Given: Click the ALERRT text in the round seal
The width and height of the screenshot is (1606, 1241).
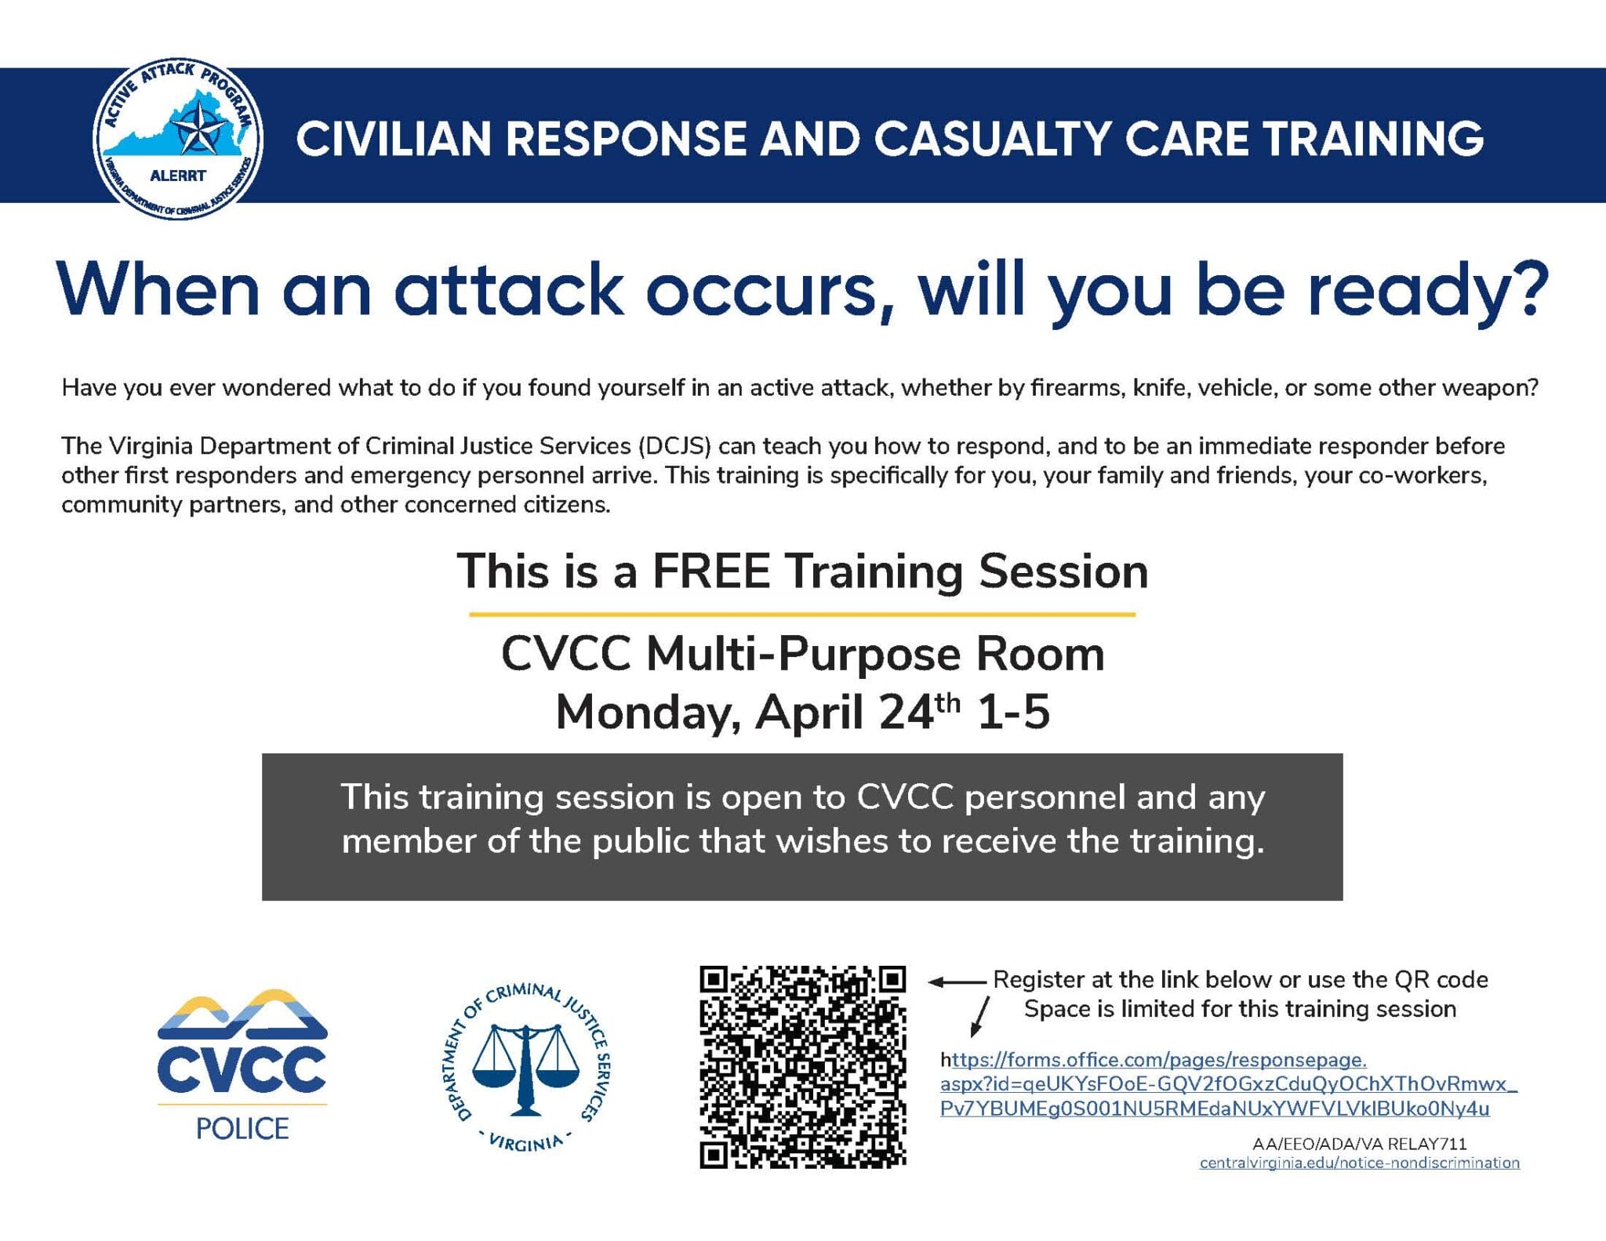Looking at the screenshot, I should point(178,176).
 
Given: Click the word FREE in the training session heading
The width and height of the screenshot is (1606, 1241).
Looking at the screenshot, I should point(711,571).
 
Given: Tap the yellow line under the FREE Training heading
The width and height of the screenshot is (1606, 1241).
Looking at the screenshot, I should point(801,615).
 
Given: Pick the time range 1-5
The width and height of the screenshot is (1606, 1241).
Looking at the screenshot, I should point(1013,713).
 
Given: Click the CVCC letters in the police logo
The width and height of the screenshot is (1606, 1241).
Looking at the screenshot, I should point(242,1069).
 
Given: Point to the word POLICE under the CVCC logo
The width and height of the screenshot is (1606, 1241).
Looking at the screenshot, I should point(242,1129).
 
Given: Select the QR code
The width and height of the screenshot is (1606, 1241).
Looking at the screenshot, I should point(802,1067).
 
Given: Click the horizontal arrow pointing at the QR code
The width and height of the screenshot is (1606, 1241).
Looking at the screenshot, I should point(957,982).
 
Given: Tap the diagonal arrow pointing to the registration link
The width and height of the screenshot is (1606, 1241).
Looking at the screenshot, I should point(980,1016).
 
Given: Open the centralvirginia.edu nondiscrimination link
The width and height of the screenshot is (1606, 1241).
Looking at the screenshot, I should point(1359,1163).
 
